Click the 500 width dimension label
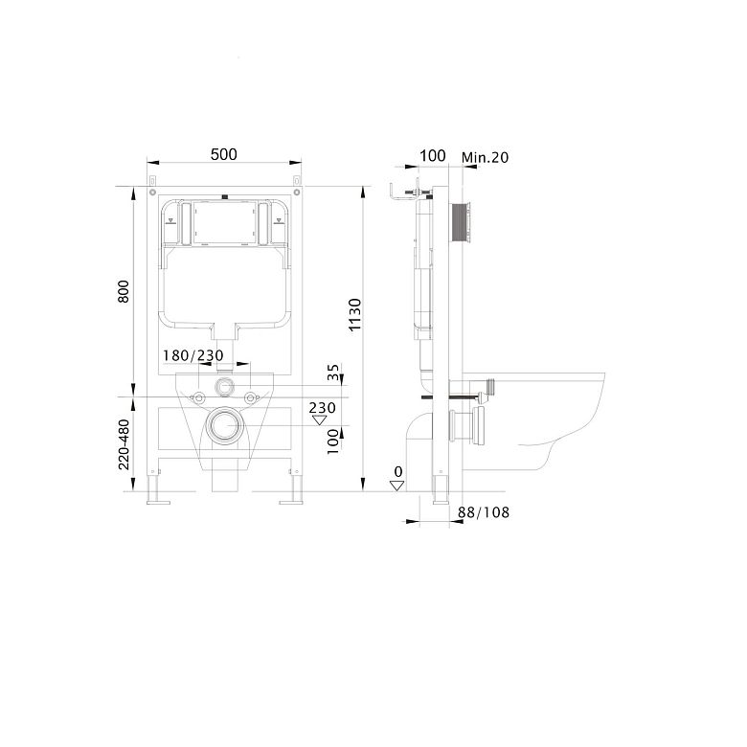click(224, 154)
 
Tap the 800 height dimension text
click(124, 291)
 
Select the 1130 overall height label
click(355, 315)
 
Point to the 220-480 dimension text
click(124, 444)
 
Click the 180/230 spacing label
click(192, 355)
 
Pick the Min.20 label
click(485, 157)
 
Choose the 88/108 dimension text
click(484, 512)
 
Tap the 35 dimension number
click(333, 372)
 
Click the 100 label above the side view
click(433, 156)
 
